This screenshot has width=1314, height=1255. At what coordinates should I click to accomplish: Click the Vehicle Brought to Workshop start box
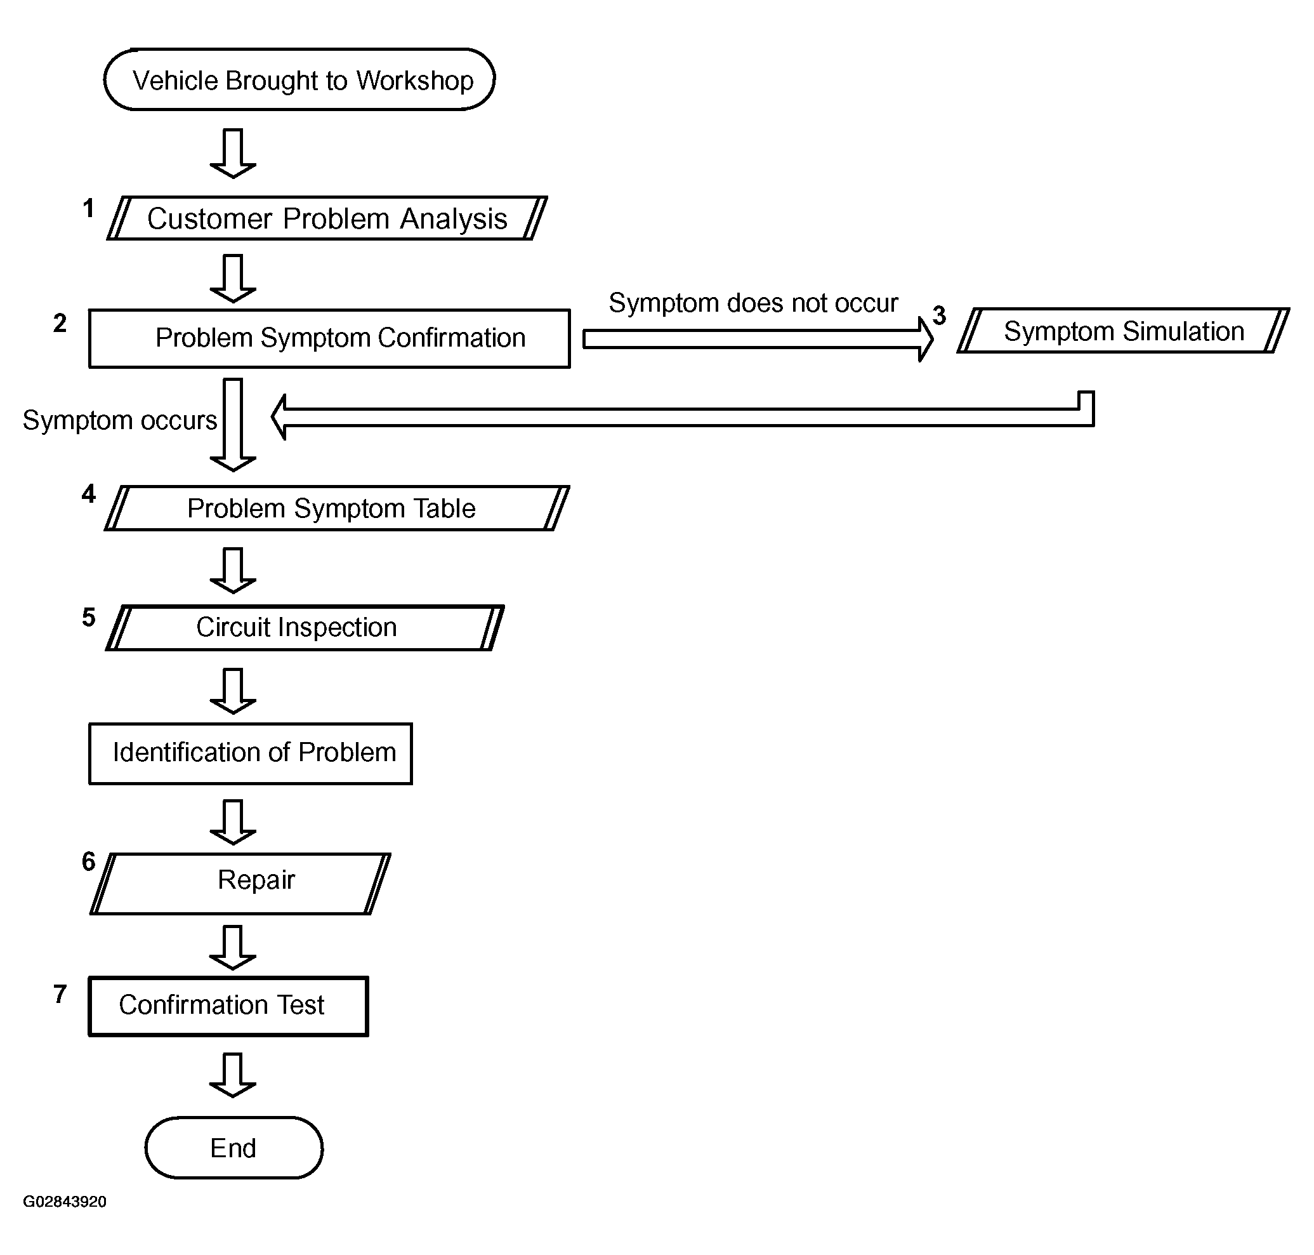coord(299,79)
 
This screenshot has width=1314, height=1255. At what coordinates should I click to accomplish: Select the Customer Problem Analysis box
coord(327,218)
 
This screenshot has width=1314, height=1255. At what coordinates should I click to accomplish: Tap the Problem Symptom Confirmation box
coord(329,338)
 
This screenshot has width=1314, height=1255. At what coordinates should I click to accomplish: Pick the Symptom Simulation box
coord(1124,331)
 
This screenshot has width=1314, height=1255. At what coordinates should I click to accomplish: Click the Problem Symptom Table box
coord(337,508)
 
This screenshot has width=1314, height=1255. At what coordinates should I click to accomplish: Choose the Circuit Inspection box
coord(305,627)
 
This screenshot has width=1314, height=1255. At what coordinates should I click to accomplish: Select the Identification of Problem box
coord(251,754)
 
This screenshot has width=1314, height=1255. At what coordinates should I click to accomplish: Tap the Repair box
coord(240,884)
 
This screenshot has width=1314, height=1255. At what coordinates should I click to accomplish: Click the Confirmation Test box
coord(228,1006)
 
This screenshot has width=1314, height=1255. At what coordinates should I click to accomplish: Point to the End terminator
coord(233,1148)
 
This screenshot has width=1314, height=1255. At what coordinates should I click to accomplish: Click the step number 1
coord(88,209)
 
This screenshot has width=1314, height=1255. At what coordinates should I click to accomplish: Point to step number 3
coord(940,315)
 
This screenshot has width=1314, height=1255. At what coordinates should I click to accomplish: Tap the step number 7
coord(60,994)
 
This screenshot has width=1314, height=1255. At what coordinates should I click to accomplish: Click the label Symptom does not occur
coord(753,303)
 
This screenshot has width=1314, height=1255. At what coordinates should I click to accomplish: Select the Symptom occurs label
coord(120,421)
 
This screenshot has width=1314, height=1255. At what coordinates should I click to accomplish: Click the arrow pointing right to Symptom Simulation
coord(758,339)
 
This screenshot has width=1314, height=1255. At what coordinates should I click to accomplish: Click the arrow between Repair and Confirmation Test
coord(233,947)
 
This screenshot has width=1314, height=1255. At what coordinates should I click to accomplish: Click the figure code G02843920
coord(65,1202)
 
